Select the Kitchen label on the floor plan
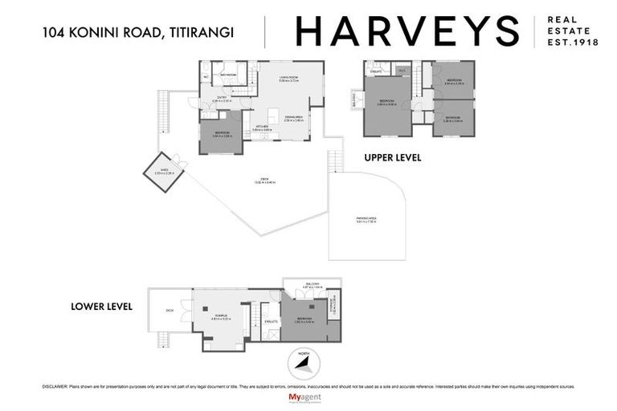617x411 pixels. click(x=261, y=127)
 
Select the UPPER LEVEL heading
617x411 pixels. click(x=393, y=158)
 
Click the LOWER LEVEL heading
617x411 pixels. click(x=100, y=306)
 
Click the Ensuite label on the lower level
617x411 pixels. click(x=272, y=321)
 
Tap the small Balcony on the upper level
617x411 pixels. click(x=353, y=101)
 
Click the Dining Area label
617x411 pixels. click(x=292, y=119)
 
